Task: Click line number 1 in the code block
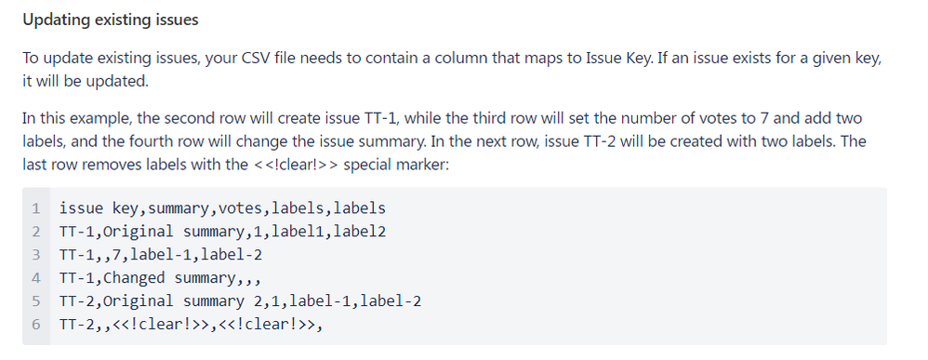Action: coord(34,208)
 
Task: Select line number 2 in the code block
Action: coord(34,232)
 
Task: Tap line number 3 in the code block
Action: coord(34,255)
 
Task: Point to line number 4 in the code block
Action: coord(34,278)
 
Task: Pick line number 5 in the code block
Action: coord(34,301)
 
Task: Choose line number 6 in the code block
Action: coord(34,325)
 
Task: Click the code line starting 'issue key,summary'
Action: coord(221,208)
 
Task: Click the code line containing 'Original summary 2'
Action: coord(240,301)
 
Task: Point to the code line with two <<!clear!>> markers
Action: coord(192,325)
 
